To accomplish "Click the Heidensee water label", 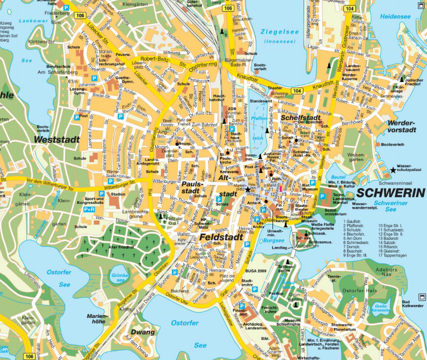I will pos(394,16).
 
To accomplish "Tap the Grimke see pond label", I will pos(120,277).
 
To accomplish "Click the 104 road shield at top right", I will pos(350,9).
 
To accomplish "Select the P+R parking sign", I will pos(89,210).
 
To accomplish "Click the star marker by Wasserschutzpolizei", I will pos(393,171).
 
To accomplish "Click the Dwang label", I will pos(139,331).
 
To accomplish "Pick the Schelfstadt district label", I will pos(299,117).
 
